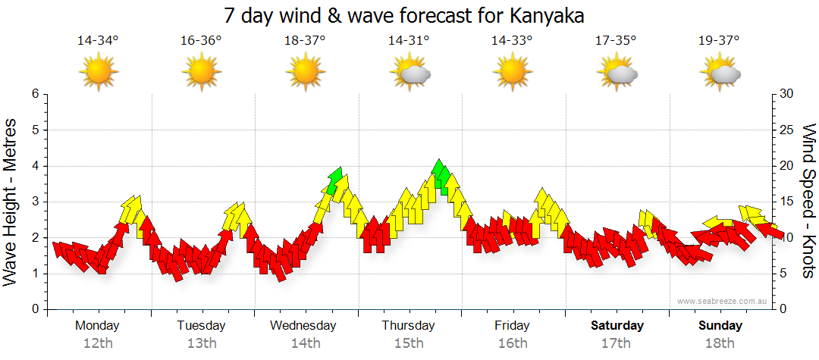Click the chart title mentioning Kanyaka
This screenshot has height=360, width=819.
coord(409,15)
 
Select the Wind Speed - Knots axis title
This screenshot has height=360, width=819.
coord(808,201)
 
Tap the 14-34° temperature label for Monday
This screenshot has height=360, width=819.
coord(98,40)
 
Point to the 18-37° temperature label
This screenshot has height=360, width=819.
coord(305,40)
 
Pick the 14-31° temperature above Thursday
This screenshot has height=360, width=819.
coord(409,40)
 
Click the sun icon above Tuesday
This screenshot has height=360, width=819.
coord(202,73)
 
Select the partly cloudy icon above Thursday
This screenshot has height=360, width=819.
coord(410,73)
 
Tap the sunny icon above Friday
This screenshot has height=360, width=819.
coord(513,73)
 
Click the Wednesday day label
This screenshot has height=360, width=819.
coord(303,326)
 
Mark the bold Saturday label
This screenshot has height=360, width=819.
coord(617,326)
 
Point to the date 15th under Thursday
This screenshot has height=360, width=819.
coord(409,343)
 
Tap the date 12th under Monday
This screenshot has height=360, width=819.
coord(98,343)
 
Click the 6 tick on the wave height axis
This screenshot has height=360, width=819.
coord(34,94)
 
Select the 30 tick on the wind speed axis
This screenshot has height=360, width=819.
coord(787,94)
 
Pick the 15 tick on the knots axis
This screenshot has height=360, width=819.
coord(787,202)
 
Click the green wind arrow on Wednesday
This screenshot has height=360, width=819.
coord(335,177)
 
